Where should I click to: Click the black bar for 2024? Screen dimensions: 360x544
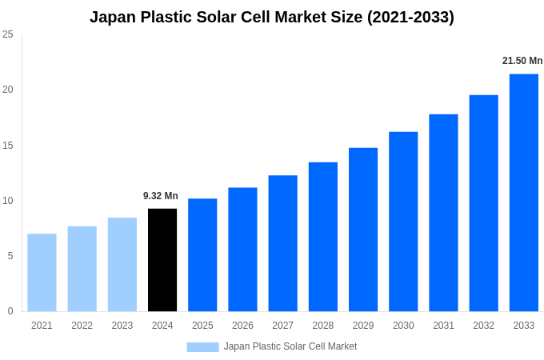click(x=162, y=260)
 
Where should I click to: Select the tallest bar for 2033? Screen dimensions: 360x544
click(x=523, y=193)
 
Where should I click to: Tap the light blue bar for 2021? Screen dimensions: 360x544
click(x=42, y=273)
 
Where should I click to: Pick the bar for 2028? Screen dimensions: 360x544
click(x=323, y=237)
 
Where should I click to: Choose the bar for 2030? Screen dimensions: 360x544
click(x=403, y=222)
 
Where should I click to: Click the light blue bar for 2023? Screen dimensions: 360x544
click(x=122, y=265)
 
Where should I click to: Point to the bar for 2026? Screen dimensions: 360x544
click(x=242, y=250)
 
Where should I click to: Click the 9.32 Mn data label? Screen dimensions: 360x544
click(x=161, y=196)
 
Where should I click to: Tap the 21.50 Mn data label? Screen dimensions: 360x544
click(x=522, y=61)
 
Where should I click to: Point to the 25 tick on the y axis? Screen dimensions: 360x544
click(x=8, y=34)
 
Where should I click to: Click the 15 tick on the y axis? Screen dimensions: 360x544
click(x=8, y=146)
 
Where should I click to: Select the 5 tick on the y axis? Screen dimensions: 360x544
click(x=10, y=256)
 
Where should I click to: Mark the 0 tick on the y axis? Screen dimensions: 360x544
click(x=10, y=311)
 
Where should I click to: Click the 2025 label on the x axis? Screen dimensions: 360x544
click(x=202, y=326)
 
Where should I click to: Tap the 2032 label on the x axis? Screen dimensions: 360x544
click(x=483, y=326)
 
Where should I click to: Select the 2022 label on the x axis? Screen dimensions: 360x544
click(x=82, y=326)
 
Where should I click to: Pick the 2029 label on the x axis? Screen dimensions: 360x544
click(x=363, y=326)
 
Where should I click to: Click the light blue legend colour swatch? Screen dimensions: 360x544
click(x=202, y=346)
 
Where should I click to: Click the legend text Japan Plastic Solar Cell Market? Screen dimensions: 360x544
click(x=290, y=346)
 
